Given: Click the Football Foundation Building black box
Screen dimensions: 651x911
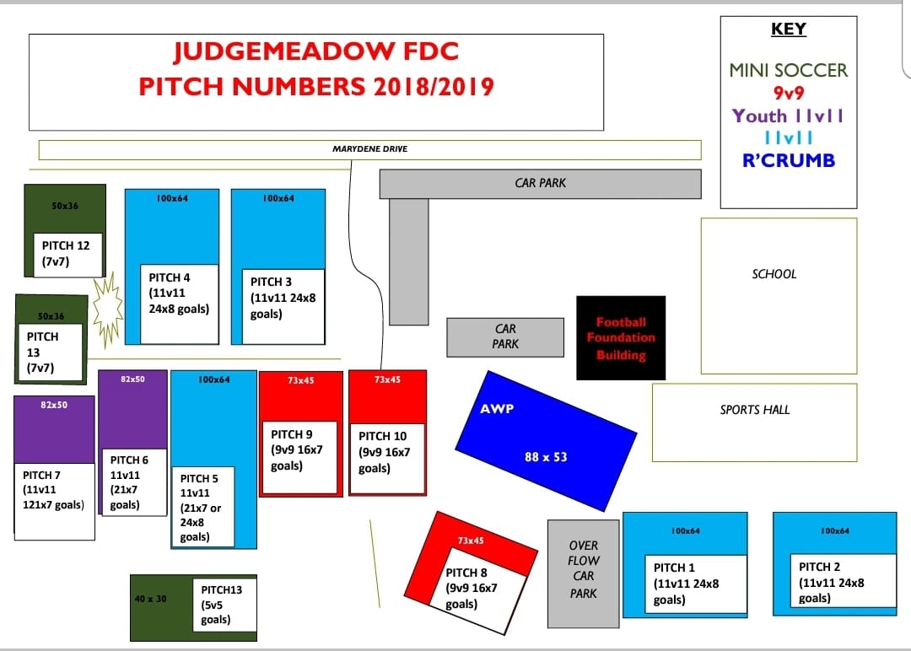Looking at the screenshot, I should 621,337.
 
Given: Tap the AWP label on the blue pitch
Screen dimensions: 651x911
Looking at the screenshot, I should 497,409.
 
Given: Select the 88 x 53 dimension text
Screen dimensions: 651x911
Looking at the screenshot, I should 545,457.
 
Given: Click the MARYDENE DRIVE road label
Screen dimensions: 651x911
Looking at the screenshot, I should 369,149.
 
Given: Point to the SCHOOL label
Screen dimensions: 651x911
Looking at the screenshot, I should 774,274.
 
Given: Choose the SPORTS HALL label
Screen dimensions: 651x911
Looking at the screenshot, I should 754,410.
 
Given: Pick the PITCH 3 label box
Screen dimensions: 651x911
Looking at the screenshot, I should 283,306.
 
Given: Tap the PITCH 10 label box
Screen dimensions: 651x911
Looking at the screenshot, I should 386,459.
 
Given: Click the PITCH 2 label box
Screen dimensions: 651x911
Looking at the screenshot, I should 841,581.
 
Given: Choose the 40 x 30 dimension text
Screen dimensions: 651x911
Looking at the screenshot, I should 151,599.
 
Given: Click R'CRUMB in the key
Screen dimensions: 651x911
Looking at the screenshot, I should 788,160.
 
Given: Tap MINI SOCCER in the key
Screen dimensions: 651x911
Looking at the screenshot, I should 788,71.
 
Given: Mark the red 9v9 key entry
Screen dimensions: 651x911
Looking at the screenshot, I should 788,94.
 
